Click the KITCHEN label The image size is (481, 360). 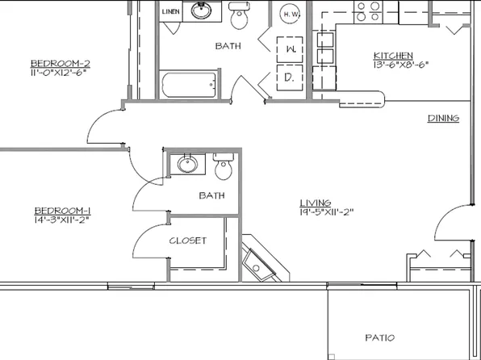click(394, 54)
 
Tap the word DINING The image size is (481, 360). click(443, 119)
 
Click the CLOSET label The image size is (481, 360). click(187, 241)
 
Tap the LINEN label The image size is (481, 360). click(171, 12)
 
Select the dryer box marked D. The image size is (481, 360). click(288, 77)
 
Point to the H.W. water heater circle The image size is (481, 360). click(291, 14)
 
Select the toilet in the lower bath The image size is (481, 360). click(224, 167)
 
